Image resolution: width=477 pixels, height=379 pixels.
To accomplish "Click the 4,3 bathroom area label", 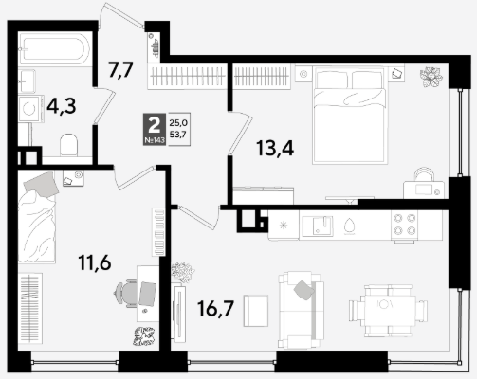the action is coord(62,106).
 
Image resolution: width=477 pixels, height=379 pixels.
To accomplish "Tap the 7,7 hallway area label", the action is coord(120,70).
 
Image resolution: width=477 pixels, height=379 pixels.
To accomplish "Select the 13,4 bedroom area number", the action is coord(275,148).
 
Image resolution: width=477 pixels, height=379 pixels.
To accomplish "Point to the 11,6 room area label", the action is coord(95,262).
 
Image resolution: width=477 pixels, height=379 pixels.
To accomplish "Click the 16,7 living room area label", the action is coord(215,308).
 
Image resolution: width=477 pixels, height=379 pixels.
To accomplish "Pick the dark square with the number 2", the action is coord(155,129).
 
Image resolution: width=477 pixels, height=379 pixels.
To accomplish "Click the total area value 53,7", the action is coord(178,135).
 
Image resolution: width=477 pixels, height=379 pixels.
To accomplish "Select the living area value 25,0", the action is coord(178,122).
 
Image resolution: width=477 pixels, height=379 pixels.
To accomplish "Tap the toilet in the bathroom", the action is coord(68,145).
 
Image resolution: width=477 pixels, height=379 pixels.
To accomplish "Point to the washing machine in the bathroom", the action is coord(31,109).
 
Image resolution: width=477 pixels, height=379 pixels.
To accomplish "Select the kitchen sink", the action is coord(318,226).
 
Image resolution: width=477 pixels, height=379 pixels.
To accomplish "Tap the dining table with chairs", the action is coord(388,311).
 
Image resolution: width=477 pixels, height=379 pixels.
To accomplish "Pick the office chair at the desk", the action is coord(125,293).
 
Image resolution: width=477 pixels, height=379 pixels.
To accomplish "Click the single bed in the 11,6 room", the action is coord(37,218).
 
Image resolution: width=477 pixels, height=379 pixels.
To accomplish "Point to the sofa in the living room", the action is coord(301,310).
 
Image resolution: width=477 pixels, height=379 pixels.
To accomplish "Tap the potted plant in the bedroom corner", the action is coord(431,77).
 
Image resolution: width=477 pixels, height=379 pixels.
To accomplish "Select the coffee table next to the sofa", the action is coord(256,311).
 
